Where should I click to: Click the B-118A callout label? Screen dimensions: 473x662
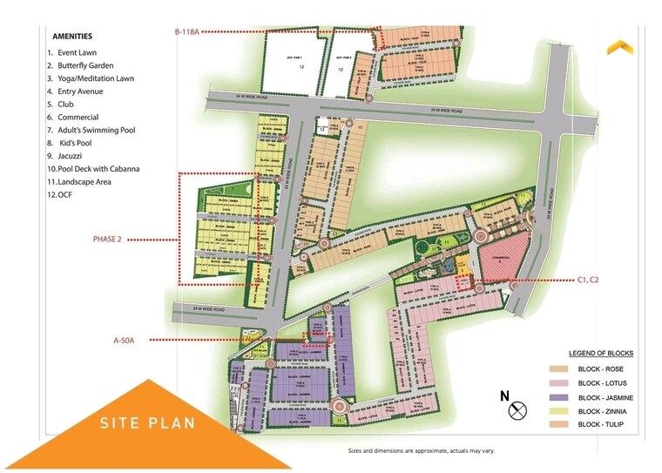pyautogui.click(x=187, y=31)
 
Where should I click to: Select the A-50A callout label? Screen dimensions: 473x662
pyautogui.click(x=124, y=341)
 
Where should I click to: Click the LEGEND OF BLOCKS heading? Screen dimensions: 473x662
pyautogui.click(x=601, y=353)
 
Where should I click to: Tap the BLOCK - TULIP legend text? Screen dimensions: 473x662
pyautogui.click(x=601, y=424)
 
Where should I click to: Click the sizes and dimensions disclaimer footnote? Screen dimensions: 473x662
pyautogui.click(x=415, y=452)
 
